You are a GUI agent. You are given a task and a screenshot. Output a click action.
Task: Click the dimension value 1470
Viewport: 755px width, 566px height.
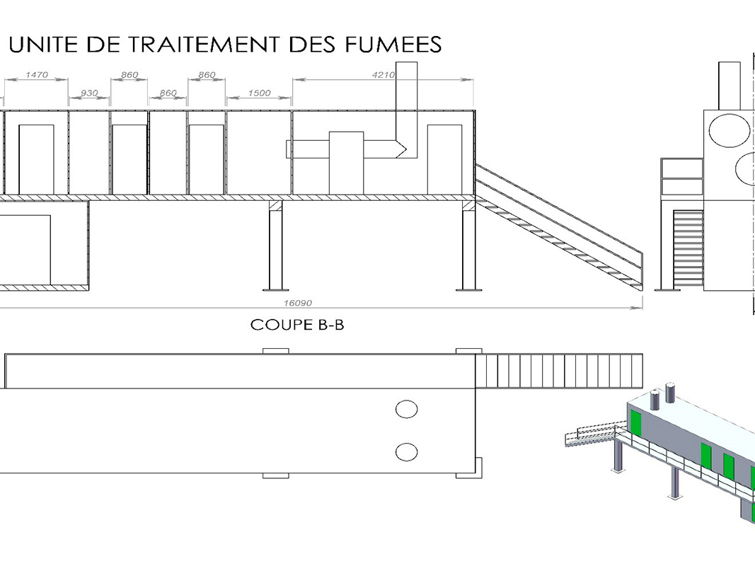click(x=36, y=74)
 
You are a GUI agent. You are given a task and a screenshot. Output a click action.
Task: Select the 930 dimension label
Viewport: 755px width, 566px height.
click(x=89, y=93)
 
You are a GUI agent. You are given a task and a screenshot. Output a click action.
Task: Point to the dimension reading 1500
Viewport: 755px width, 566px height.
click(x=259, y=93)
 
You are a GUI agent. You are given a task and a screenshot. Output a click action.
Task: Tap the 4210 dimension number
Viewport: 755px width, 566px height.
click(x=384, y=74)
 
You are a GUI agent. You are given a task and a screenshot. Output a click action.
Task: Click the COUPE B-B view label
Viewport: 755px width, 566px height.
click(x=297, y=325)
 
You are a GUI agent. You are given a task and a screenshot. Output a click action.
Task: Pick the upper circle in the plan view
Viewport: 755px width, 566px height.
click(x=406, y=409)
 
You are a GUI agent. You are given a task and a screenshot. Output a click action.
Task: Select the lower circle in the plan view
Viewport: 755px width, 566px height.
click(x=406, y=451)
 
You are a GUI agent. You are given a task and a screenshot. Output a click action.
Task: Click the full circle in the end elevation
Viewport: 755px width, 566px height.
click(x=729, y=129)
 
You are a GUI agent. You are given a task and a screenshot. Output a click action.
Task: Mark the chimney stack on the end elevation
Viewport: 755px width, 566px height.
click(x=729, y=85)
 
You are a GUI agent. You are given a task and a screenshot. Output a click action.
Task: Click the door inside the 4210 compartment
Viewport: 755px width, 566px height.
click(x=444, y=159)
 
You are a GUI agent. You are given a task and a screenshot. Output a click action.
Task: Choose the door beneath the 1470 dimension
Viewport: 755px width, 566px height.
click(x=36, y=159)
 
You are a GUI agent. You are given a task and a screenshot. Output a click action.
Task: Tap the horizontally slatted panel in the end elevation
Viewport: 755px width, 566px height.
click(x=688, y=248)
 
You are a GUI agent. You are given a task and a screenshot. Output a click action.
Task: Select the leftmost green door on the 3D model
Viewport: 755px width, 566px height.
click(x=635, y=423)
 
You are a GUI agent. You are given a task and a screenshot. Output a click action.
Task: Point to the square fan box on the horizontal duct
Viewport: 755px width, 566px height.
click(x=346, y=162)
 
